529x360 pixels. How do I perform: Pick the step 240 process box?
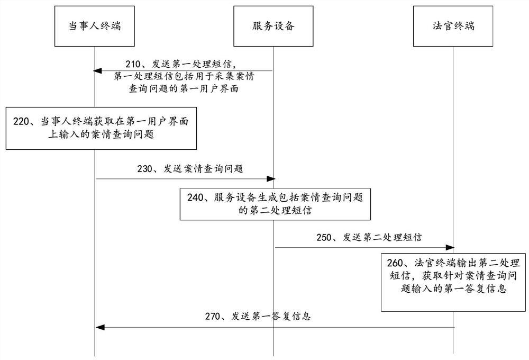(273, 204)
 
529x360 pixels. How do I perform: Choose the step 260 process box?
(453, 281)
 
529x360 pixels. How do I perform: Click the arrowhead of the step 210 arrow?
(98, 70)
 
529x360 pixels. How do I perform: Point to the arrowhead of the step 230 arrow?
(270, 179)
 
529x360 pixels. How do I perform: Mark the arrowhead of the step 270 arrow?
(99, 327)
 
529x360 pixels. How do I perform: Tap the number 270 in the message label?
(214, 317)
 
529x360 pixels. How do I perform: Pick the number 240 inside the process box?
(197, 197)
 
